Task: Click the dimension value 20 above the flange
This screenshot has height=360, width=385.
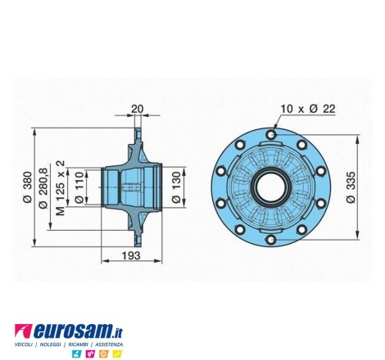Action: pyautogui.click(x=137, y=109)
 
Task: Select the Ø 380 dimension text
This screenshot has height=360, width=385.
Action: pyautogui.click(x=28, y=187)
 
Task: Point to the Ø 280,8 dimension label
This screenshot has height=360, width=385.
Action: pyautogui.click(x=43, y=188)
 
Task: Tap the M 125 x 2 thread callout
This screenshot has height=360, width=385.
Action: pyautogui.click(x=61, y=188)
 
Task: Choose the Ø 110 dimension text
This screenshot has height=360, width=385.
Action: pyautogui.click(x=79, y=187)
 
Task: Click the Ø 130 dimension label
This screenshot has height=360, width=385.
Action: pyautogui.click(x=177, y=187)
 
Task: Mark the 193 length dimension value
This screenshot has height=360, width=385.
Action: pyautogui.click(x=131, y=256)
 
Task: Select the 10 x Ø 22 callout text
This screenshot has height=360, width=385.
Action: pyautogui.click(x=308, y=109)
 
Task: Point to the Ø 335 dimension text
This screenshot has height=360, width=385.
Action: pyautogui.click(x=351, y=187)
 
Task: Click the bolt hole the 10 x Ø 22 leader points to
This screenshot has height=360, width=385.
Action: pyautogui.click(x=271, y=134)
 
